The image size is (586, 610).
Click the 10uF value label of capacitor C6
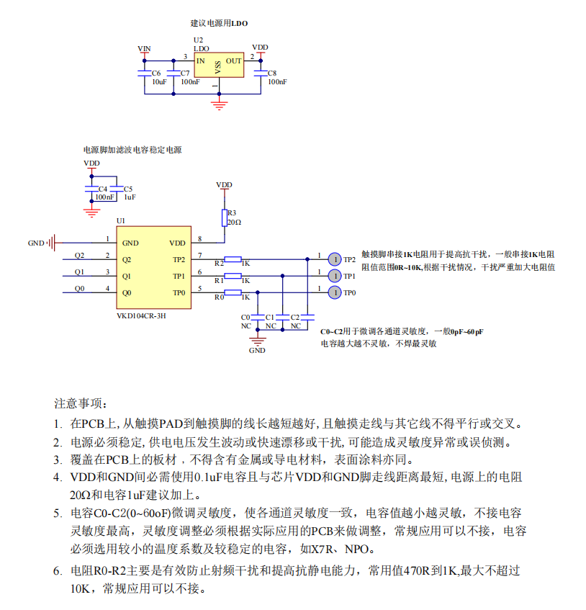tap(158, 82)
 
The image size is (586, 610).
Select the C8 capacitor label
tap(271, 73)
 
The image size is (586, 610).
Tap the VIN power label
tap(144, 48)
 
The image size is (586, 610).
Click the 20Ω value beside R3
tap(234, 223)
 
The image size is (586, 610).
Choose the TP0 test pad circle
tap(334, 292)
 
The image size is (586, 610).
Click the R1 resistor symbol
tap(233, 276)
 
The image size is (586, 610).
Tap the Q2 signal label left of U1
tap(79, 256)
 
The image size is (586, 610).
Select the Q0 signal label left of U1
tap(79, 289)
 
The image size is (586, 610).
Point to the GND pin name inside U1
tap(130, 243)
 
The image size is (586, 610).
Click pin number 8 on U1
tap(199, 239)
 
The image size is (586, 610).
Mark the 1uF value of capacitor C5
tap(130, 197)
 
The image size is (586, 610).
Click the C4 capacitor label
tap(103, 189)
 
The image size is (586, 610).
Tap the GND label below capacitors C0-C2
tap(257, 351)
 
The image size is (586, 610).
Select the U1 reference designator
tap(120, 220)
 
